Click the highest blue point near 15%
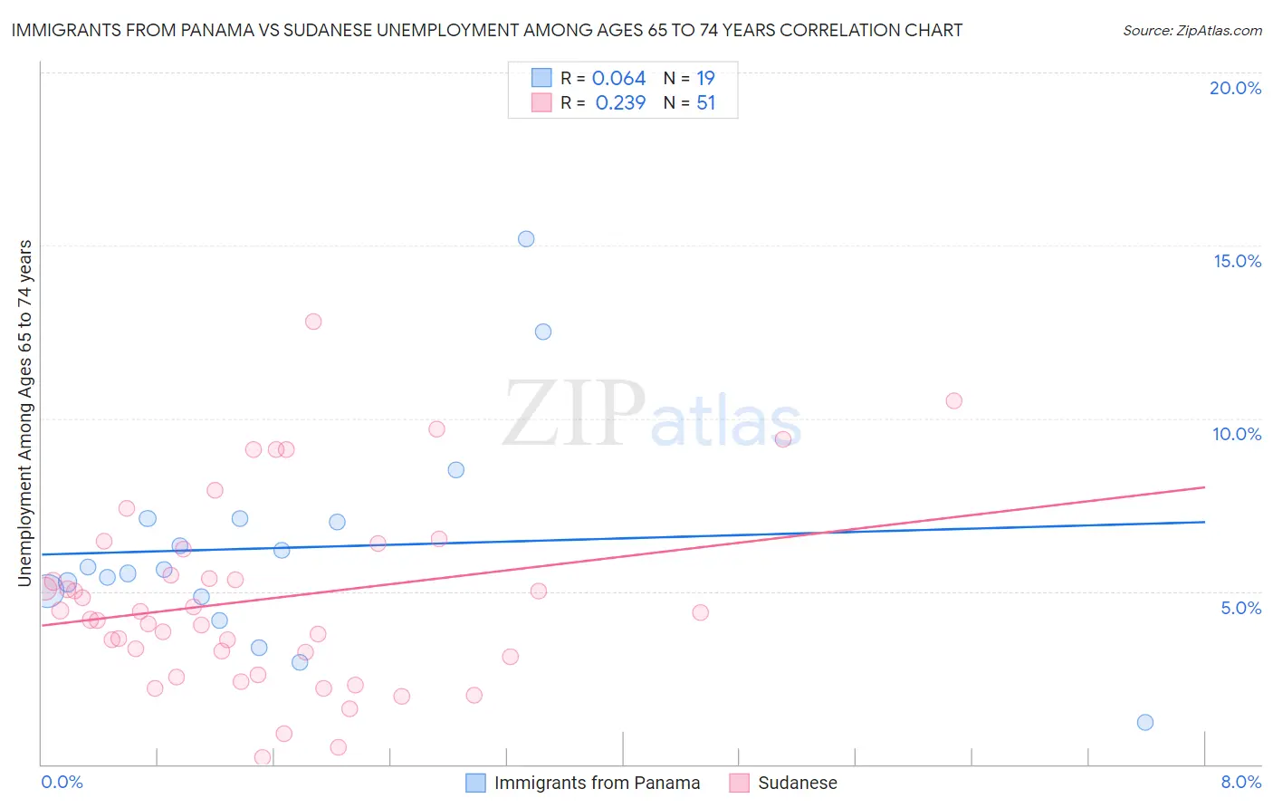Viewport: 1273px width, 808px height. pyautogui.click(x=526, y=239)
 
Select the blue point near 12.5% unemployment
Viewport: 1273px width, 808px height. pyautogui.click(x=543, y=332)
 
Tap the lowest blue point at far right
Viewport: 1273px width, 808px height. pyautogui.click(x=1145, y=722)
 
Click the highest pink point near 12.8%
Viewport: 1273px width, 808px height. pyautogui.click(x=313, y=322)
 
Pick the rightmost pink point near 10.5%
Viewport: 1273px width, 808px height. pyautogui.click(x=953, y=400)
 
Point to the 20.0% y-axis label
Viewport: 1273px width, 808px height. pyautogui.click(x=1235, y=88)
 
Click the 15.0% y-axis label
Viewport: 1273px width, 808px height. pyautogui.click(x=1237, y=261)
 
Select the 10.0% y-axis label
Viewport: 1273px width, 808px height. pyautogui.click(x=1237, y=434)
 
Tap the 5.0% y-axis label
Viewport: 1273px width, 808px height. pyautogui.click(x=1240, y=608)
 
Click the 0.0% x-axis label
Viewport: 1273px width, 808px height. pyautogui.click(x=62, y=782)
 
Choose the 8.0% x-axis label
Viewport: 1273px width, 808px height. pyautogui.click(x=1240, y=782)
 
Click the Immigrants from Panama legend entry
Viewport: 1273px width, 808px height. pyautogui.click(x=597, y=783)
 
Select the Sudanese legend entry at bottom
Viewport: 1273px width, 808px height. pyautogui.click(x=797, y=783)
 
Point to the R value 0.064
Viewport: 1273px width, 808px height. pyautogui.click(x=618, y=79)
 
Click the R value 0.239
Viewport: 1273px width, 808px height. pyautogui.click(x=620, y=103)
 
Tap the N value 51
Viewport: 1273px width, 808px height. pyautogui.click(x=705, y=103)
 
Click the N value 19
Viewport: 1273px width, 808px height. pyautogui.click(x=705, y=79)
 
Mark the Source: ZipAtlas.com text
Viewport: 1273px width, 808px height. pyautogui.click(x=1192, y=31)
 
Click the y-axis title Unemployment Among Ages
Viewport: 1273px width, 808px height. pyautogui.click(x=25, y=412)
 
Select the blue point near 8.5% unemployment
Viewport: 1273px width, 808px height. pyautogui.click(x=456, y=469)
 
